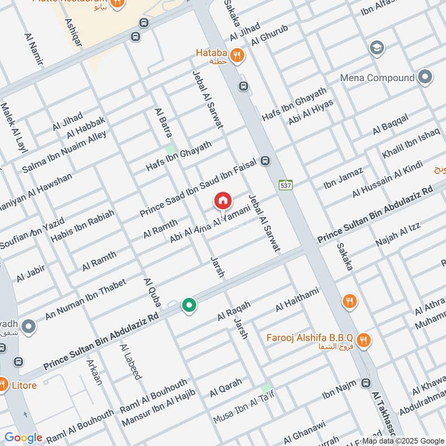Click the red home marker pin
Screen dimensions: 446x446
coord(222,201)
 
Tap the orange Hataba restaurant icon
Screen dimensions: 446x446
coord(238,55)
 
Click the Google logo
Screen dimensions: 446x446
coord(23,438)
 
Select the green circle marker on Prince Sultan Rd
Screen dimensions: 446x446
coord(190,306)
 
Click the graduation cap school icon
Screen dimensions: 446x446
coord(377,49)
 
